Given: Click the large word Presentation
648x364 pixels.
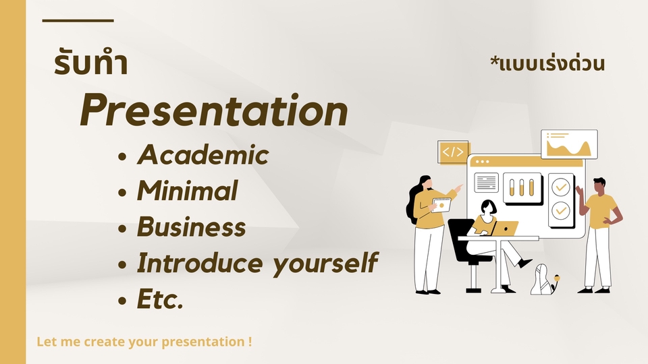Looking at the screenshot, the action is pyautogui.click(x=214, y=111).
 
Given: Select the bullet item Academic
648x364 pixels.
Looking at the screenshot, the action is pyautogui.click(x=203, y=155).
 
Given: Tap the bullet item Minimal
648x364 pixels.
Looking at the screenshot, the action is pyautogui.click(x=187, y=191).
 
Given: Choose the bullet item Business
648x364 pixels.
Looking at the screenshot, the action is pyautogui.click(x=191, y=226).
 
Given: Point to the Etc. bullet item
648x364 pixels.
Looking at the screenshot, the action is pyautogui.click(x=160, y=299).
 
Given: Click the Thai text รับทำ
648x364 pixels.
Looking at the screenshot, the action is pyautogui.click(x=91, y=63).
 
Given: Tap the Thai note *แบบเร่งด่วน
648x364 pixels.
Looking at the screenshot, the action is pyautogui.click(x=547, y=63).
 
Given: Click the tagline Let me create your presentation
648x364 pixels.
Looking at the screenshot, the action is pyautogui.click(x=144, y=342).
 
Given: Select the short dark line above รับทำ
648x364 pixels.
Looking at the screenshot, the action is pyautogui.click(x=78, y=20).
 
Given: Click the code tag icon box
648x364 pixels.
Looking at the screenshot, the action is pyautogui.click(x=453, y=152).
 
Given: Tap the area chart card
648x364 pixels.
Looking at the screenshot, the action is pyautogui.click(x=570, y=144).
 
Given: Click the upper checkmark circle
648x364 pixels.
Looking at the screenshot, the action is pyautogui.click(x=561, y=187).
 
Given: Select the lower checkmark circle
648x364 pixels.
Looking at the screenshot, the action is pyautogui.click(x=561, y=210).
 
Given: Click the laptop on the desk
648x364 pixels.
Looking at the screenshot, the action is pyautogui.click(x=505, y=229).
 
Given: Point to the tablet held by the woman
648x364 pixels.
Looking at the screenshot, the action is pyautogui.click(x=441, y=205).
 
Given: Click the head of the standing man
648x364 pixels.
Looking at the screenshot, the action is pyautogui.click(x=599, y=186).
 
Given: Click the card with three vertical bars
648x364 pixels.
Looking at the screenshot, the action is pyautogui.click(x=522, y=188).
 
